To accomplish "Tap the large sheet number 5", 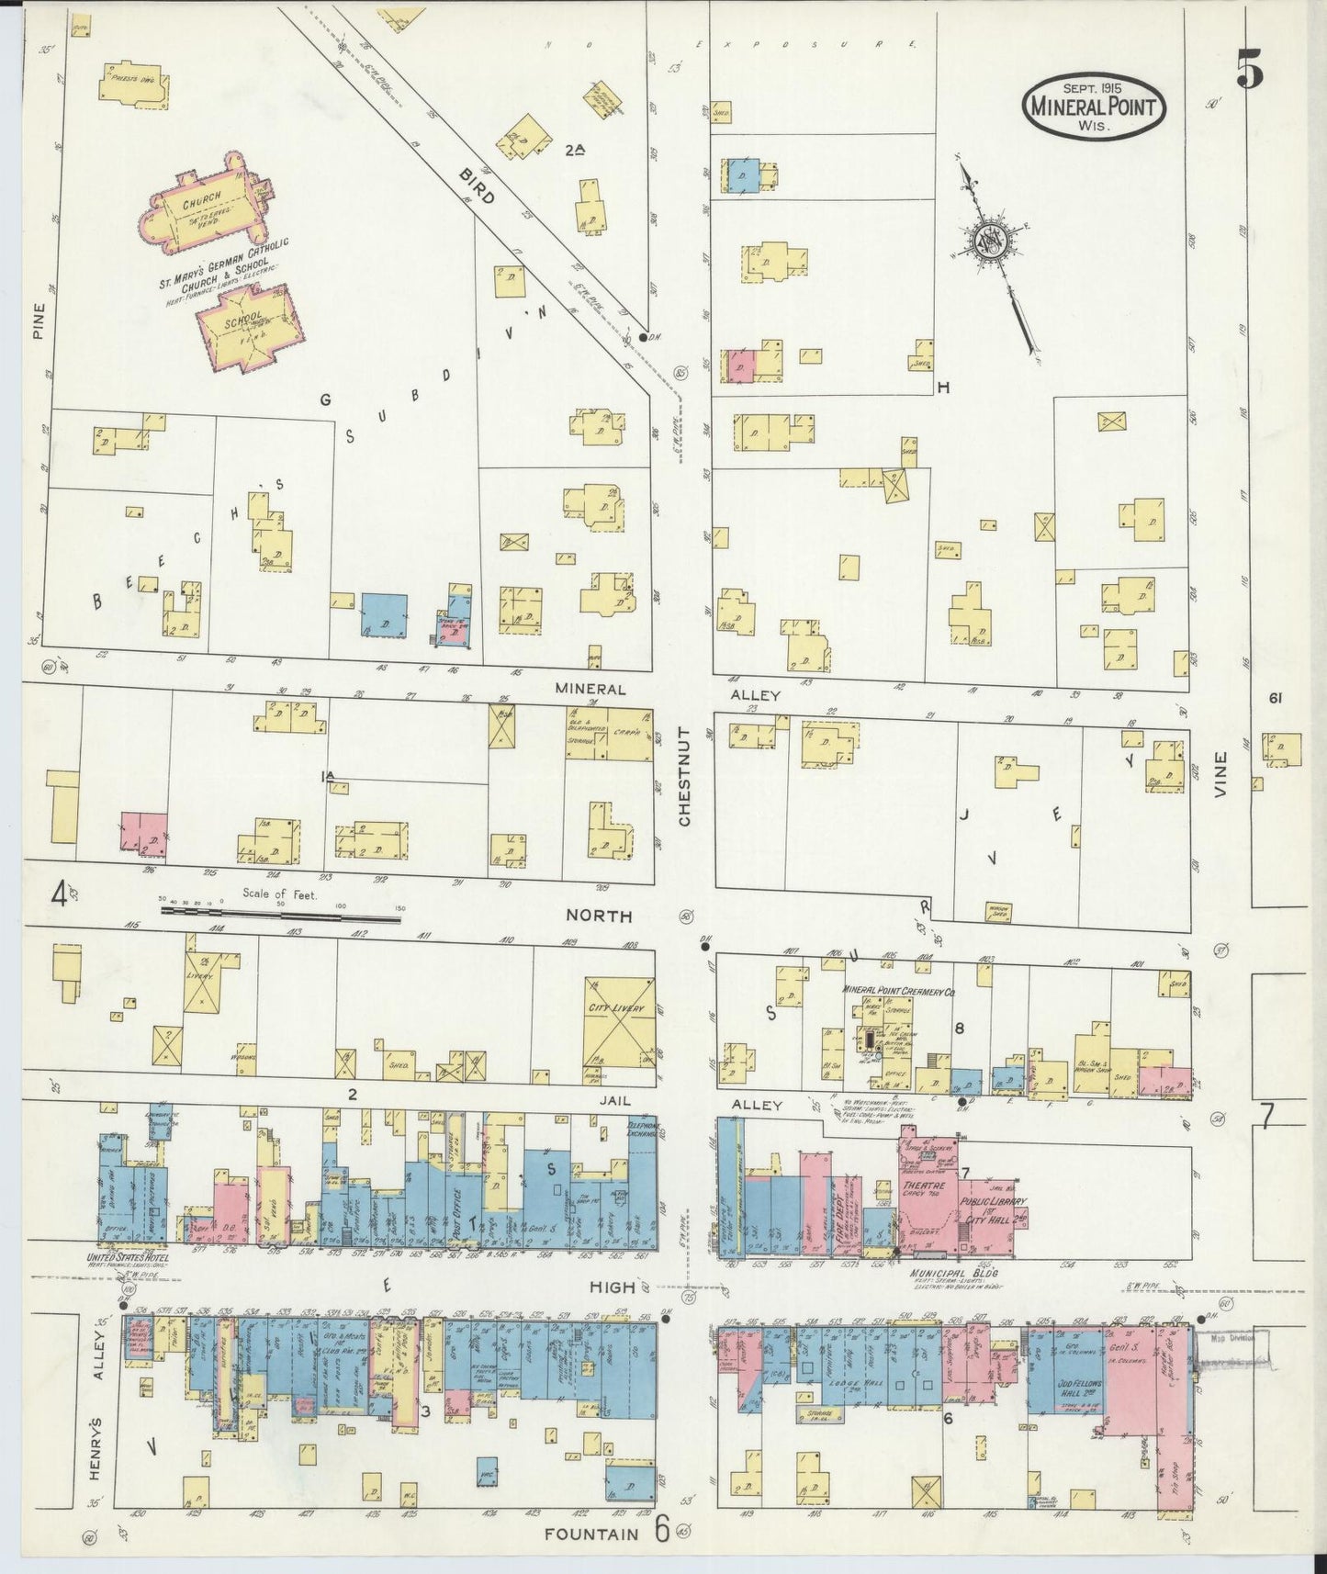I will coord(1250,69).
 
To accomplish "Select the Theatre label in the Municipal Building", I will coord(917,1186).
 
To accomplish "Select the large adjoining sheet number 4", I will coord(61,892).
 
